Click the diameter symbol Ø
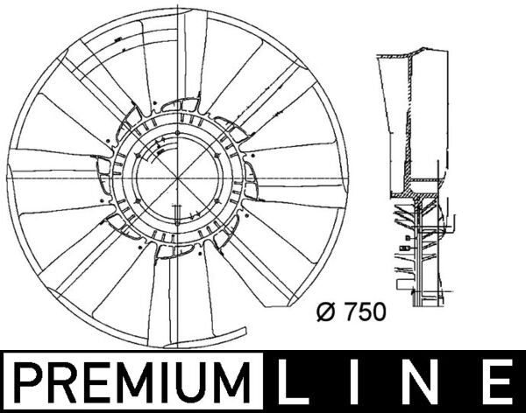[323, 311]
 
